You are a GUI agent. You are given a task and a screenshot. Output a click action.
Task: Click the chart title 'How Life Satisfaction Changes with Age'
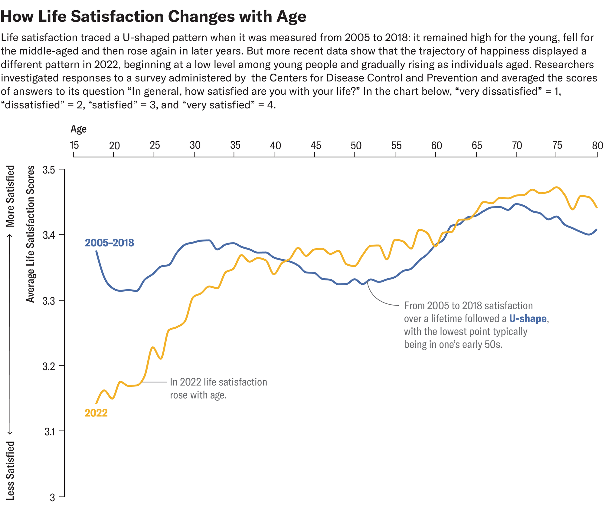153,16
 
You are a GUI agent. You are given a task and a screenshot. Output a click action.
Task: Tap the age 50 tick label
356,146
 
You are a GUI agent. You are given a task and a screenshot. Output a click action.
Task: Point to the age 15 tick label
74,145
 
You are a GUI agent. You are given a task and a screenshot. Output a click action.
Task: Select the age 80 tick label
597,146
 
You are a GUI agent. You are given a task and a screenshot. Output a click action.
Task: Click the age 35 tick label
235,145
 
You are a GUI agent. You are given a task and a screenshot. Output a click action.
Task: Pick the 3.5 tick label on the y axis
49,170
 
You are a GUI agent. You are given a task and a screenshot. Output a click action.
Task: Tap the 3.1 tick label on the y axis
50,432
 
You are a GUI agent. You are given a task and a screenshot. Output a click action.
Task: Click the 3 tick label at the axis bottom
52,497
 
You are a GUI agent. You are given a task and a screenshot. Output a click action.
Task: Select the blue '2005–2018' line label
109,243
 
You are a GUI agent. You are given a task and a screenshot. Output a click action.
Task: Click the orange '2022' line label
96,413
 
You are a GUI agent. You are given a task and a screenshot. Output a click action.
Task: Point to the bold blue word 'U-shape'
528,319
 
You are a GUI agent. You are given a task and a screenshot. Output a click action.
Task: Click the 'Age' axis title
78,129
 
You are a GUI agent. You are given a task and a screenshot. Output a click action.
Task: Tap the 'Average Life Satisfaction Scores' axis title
31,234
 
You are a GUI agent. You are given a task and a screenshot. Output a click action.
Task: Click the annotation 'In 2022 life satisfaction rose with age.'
218,388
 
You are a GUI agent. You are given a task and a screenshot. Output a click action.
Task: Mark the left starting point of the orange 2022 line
96,403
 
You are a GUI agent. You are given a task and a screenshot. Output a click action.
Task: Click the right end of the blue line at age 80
597,230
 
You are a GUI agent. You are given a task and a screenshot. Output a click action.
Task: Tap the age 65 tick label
477,146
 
